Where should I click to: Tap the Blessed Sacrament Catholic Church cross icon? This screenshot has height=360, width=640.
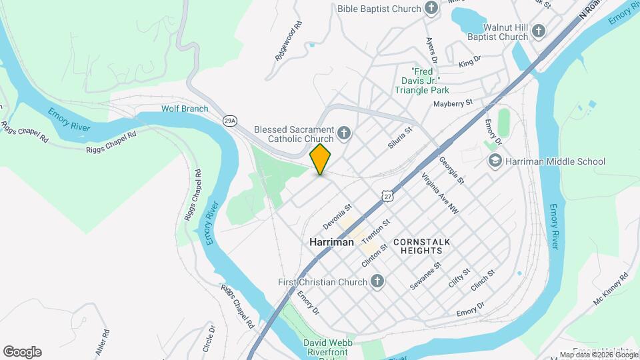tap(344, 133)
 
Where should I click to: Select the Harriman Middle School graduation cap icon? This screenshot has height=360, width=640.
tap(495, 161)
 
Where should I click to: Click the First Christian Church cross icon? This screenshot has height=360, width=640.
tap(377, 281)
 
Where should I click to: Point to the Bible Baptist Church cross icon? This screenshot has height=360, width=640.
tap(432, 9)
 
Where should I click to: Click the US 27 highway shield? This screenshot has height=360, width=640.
tap(388, 195)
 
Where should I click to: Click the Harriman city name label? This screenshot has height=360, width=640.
tap(332, 243)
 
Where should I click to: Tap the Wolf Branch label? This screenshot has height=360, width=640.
tap(185, 109)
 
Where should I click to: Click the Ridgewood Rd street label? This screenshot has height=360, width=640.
tap(289, 41)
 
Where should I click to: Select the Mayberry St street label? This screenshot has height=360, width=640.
tap(452, 103)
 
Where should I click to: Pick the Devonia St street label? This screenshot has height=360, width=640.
tap(337, 213)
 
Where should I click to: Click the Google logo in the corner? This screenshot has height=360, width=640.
tap(22, 352)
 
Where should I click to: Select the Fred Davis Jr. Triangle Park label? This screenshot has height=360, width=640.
tap(430, 80)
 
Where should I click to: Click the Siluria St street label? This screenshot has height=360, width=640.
tap(400, 138)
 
